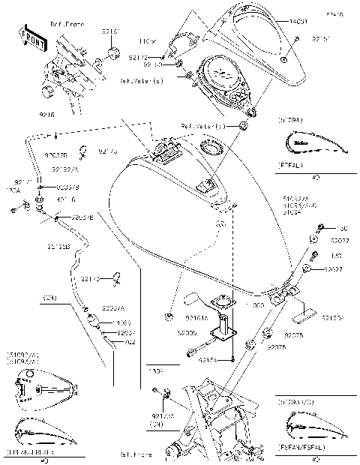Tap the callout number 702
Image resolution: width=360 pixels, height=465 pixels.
coord(129,343)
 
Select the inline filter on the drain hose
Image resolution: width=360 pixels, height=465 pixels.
coord(96,325)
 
